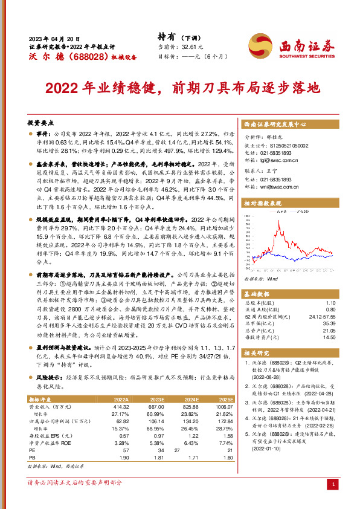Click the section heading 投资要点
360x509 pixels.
(x=40, y=122)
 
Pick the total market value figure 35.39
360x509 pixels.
(x=329, y=323)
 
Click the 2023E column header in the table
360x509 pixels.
(x=156, y=400)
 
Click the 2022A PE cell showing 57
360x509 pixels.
(x=125, y=450)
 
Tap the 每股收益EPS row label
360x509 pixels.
(x=46, y=436)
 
